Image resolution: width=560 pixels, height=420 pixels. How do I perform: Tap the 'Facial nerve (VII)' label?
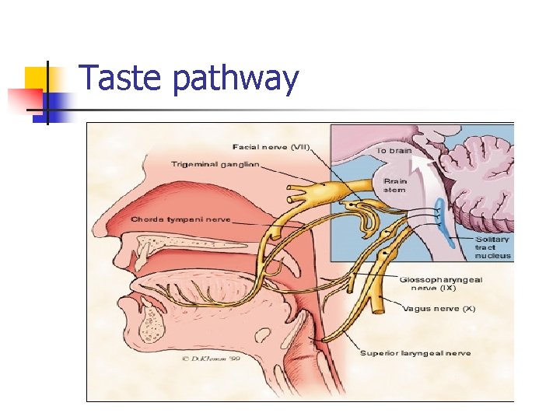[x=270, y=147]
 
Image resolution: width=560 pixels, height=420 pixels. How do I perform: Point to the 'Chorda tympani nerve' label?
[x=180, y=219]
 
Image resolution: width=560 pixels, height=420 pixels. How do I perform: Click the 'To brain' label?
[x=394, y=149]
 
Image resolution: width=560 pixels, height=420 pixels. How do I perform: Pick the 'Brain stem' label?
[x=394, y=184]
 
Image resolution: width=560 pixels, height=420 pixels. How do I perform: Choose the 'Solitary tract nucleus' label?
[x=493, y=247]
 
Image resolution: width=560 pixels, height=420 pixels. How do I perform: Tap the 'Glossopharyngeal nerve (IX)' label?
[x=441, y=283]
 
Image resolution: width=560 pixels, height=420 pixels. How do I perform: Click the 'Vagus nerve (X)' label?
[x=439, y=309]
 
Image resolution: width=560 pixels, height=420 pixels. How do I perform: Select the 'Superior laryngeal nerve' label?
[x=415, y=353]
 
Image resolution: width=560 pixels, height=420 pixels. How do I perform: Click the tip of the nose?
[x=97, y=229]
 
